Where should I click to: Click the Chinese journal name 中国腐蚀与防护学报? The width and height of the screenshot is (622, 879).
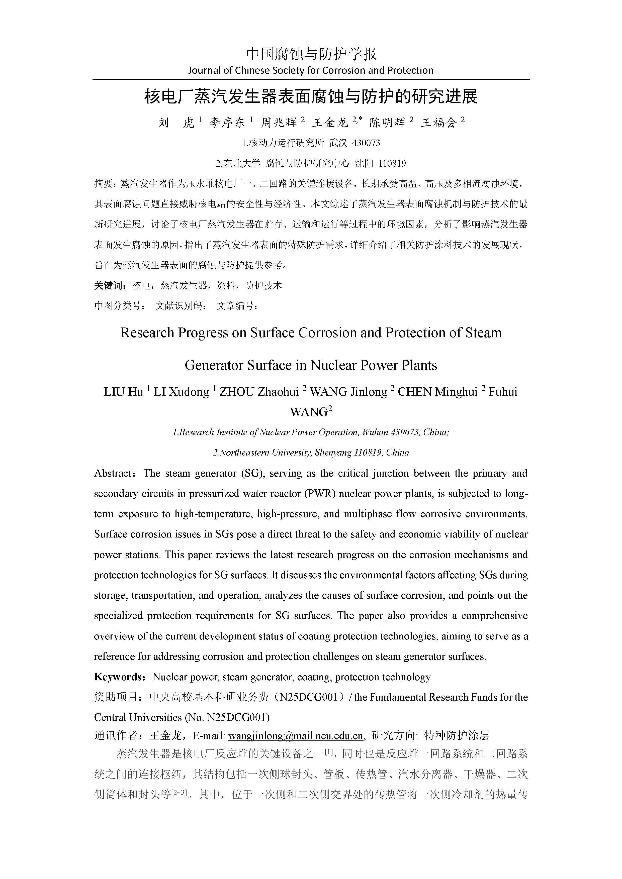click(311, 54)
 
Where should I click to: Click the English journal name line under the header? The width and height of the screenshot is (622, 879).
click(311, 70)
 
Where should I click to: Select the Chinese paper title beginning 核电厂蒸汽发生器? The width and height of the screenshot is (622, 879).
click(311, 97)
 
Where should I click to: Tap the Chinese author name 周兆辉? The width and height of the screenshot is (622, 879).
click(279, 123)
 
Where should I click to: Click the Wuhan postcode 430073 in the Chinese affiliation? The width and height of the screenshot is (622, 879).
click(366, 143)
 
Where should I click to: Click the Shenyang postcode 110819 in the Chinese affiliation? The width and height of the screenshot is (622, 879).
click(392, 164)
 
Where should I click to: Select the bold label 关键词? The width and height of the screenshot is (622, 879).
click(110, 285)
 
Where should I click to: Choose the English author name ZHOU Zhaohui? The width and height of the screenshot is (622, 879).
click(259, 392)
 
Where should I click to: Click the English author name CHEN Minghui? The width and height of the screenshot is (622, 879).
click(437, 392)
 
